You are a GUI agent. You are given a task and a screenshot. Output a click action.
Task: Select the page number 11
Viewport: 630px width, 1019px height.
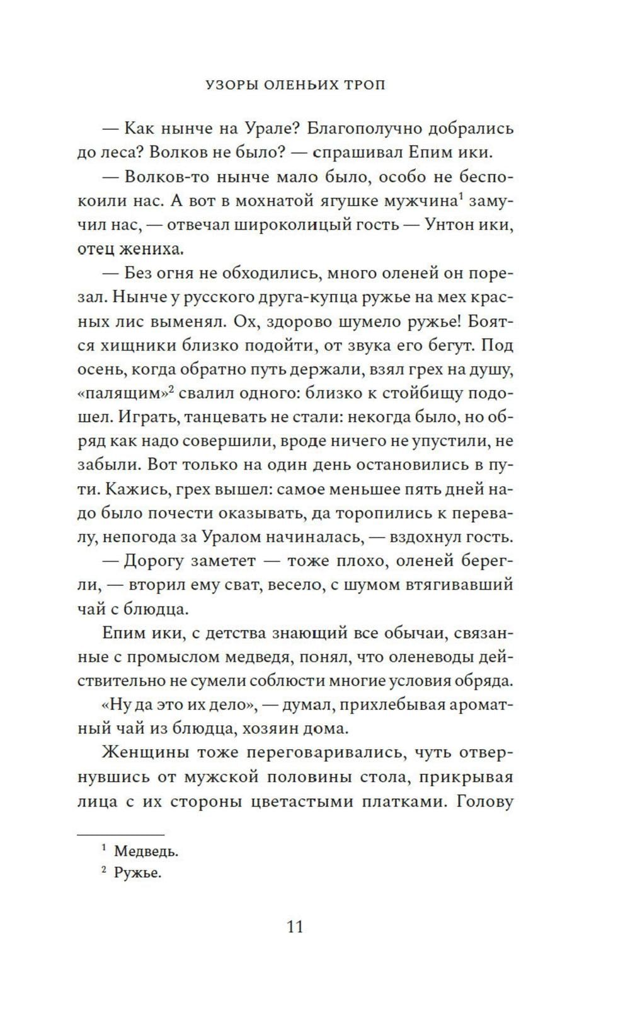pyautogui.click(x=295, y=927)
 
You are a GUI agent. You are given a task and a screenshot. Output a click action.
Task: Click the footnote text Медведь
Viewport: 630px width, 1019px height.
pyautogui.click(x=146, y=851)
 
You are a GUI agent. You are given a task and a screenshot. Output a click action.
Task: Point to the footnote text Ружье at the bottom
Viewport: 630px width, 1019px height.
pyautogui.click(x=137, y=874)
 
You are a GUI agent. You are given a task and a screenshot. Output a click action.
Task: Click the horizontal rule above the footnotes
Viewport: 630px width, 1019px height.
pyautogui.click(x=120, y=833)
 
